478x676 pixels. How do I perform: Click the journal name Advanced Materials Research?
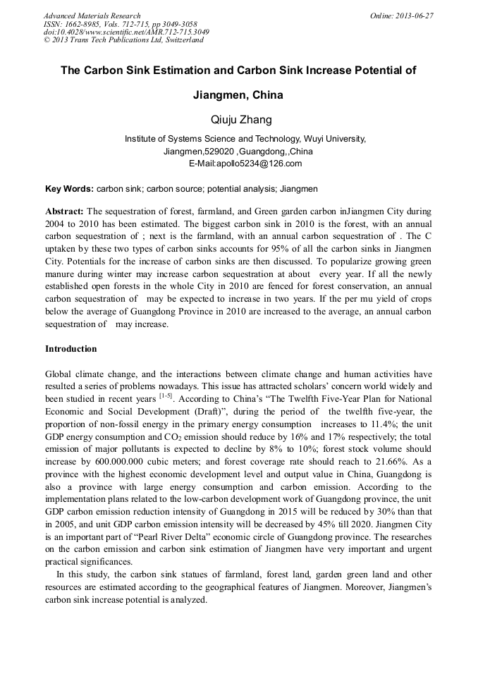(92, 16)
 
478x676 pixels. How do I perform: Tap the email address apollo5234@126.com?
(257, 164)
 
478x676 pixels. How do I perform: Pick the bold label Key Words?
(68, 189)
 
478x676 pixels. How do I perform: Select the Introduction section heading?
(71, 349)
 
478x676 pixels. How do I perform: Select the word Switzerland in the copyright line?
(184, 40)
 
